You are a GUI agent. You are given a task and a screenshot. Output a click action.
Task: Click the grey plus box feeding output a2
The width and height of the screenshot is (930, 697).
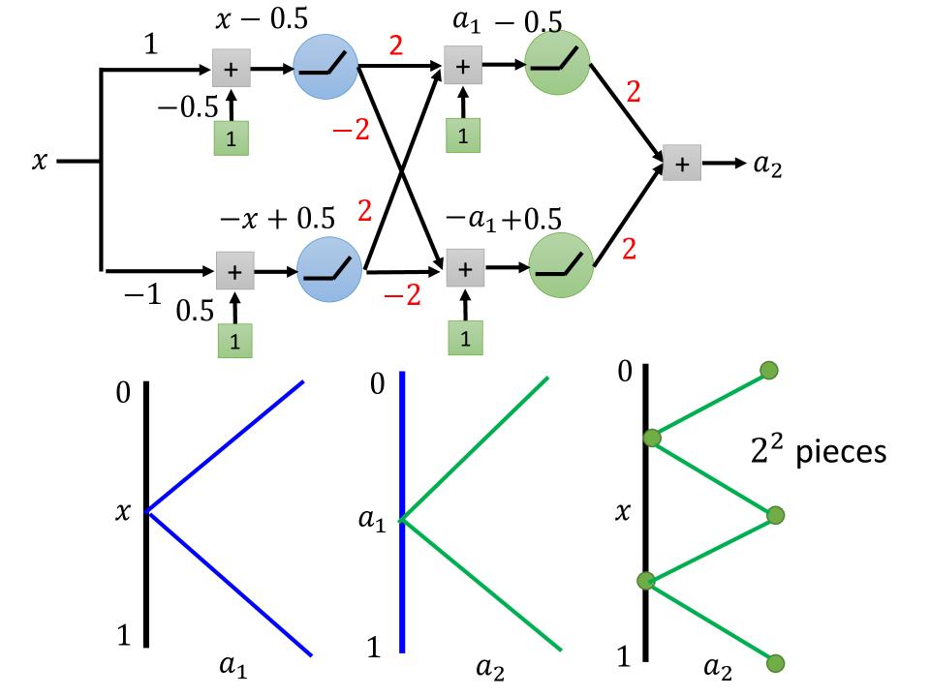[682, 164]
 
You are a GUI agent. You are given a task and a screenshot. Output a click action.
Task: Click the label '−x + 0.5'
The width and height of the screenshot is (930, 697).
[278, 220]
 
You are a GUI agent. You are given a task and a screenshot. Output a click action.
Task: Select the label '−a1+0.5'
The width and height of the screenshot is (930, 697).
[504, 218]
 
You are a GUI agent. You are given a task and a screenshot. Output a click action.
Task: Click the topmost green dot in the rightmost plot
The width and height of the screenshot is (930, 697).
[769, 370]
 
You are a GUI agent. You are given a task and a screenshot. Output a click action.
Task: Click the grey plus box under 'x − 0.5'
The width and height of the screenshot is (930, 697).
[232, 70]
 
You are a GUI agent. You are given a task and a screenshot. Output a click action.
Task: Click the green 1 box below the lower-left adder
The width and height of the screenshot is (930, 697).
[233, 341]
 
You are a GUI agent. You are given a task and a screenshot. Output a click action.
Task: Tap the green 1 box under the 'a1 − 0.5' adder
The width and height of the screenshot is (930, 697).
[463, 136]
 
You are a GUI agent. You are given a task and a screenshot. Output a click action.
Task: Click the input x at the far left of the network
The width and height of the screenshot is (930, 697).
[39, 163]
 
